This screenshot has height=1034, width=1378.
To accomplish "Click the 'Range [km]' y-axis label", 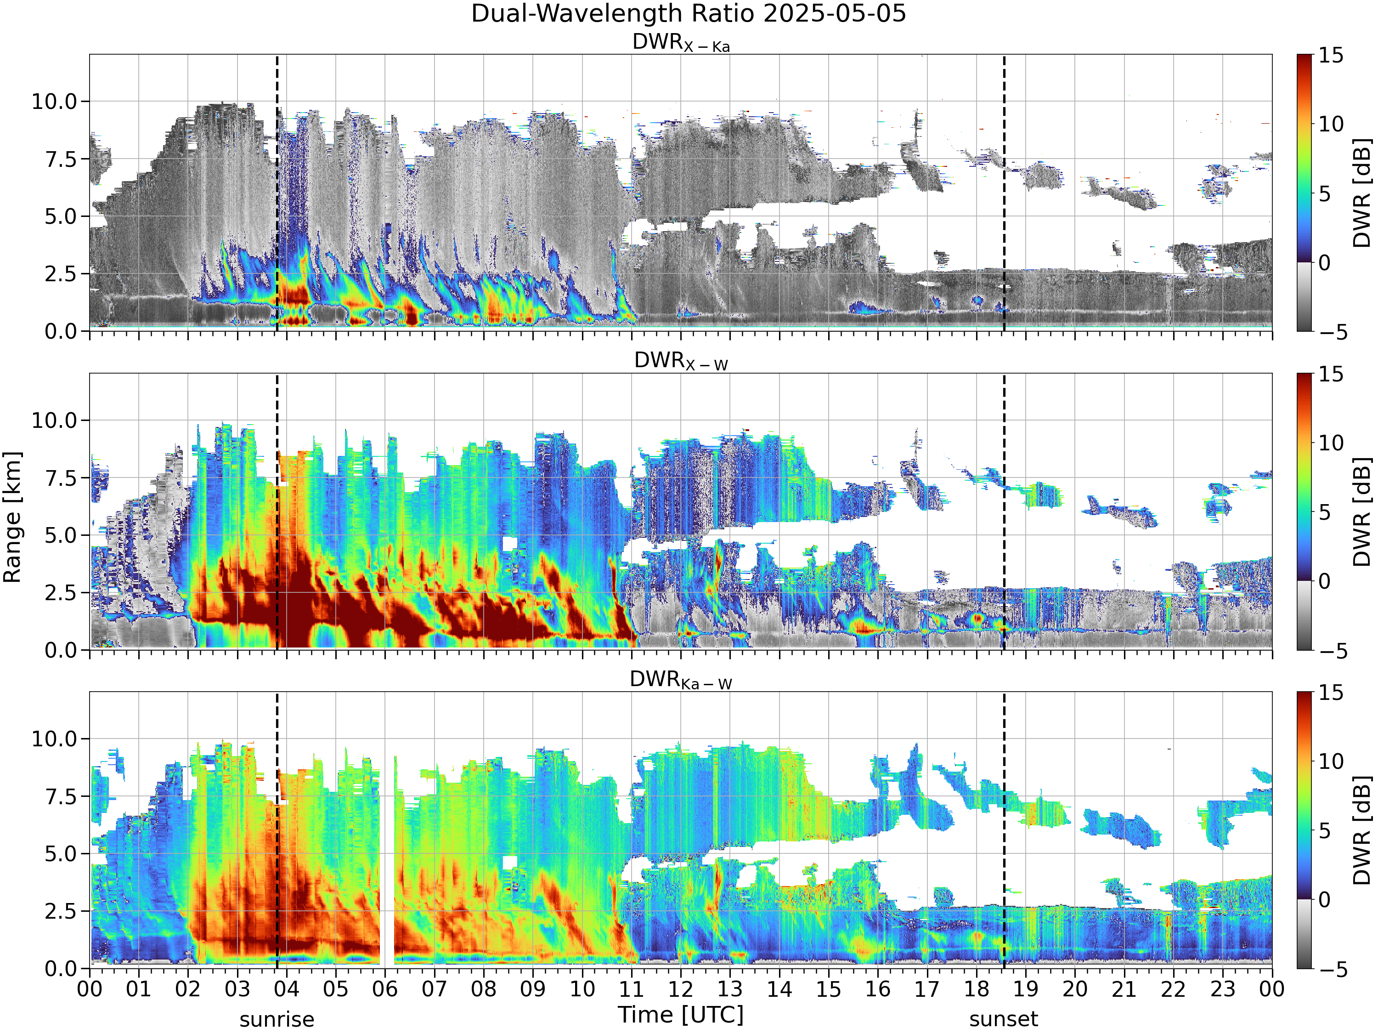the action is pos(12,517).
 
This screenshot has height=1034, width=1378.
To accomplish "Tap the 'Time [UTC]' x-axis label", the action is pos(681,1015).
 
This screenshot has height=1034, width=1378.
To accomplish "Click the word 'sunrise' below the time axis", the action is pos(277,1020).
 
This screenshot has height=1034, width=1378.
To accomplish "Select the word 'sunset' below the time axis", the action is pos(1004,1020).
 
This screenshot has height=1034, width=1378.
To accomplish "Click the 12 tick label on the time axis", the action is pos(680,989).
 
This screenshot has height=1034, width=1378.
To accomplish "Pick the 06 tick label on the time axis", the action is pos(385,989).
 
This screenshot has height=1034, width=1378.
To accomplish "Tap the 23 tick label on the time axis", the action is pos(1222,989).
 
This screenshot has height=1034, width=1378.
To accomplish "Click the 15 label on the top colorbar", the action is pos(1331,56).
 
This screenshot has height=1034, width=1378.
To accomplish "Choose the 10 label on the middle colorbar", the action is pos(1331,443).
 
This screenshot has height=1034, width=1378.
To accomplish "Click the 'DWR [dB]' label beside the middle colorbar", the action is pos(1362,511).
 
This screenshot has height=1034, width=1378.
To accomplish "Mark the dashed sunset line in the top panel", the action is pos(1004,193).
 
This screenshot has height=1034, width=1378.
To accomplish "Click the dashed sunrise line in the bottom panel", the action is pos(277,830).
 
